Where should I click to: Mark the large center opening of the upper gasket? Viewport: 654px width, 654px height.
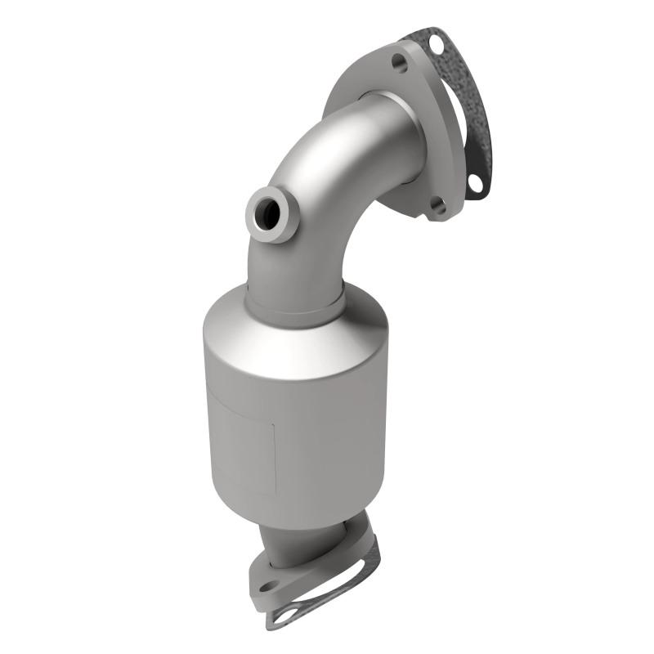pos(458,123)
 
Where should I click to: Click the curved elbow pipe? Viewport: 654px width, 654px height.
pos(327,188)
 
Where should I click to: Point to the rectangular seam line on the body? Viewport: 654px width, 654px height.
pos(274,425)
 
